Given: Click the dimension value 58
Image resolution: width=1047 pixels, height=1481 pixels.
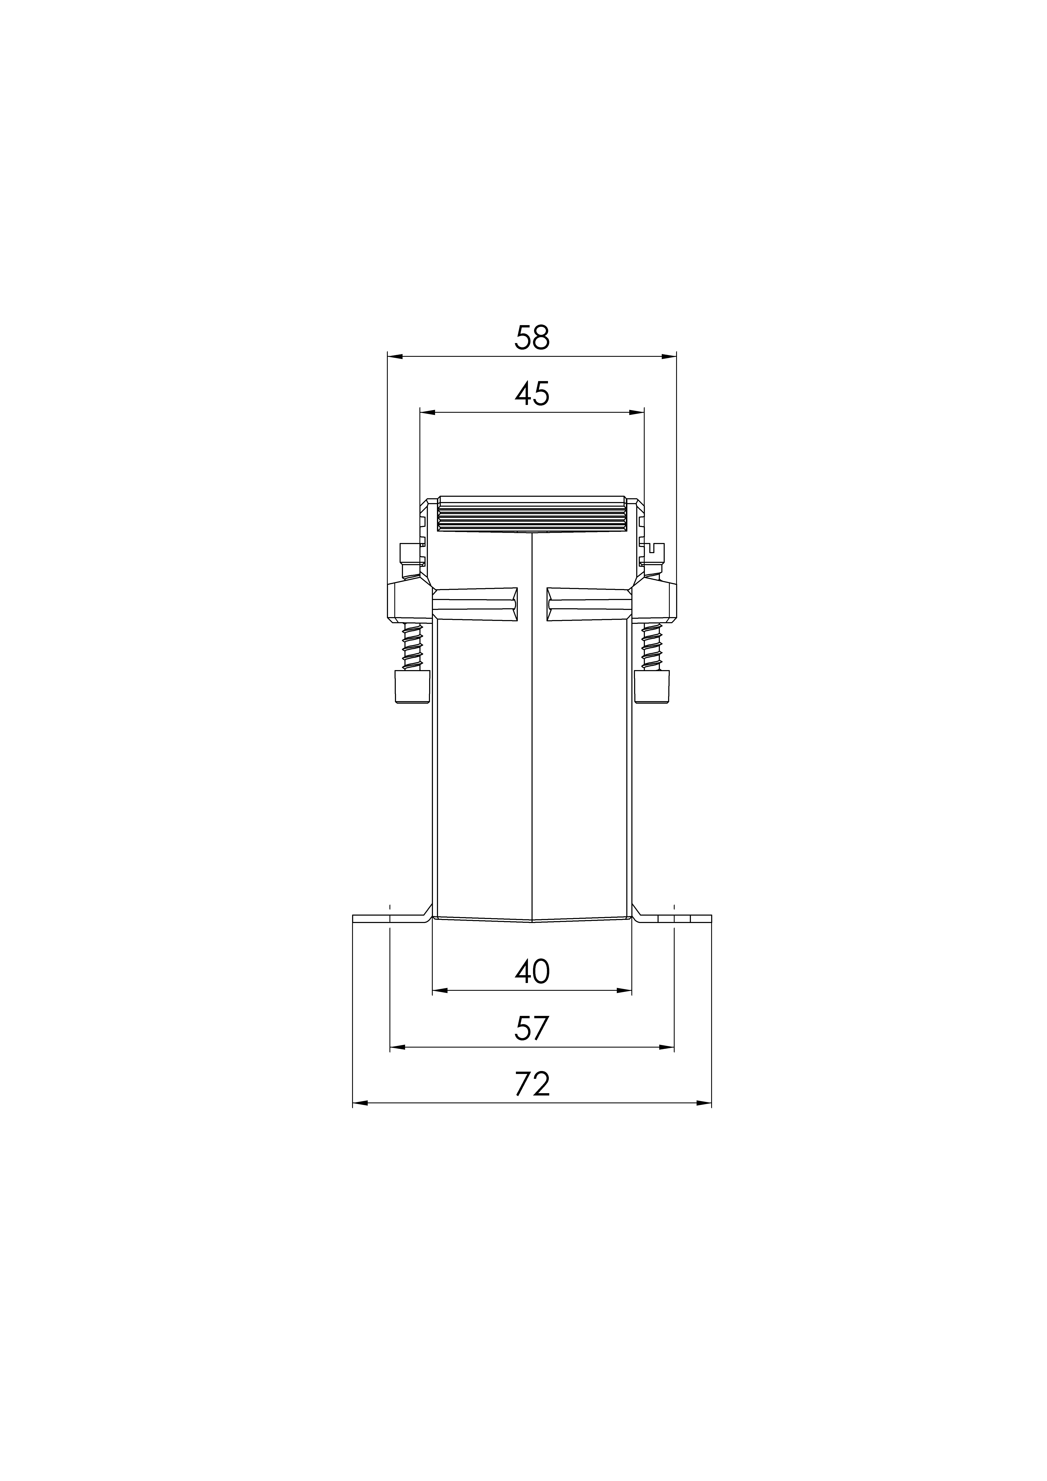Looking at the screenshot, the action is pos(532,338).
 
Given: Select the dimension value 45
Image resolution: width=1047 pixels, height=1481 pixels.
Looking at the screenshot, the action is pos(532,394).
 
